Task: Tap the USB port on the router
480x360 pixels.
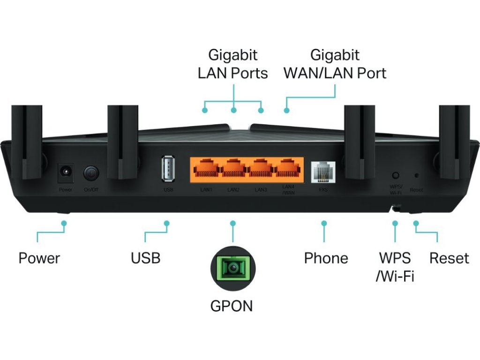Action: point(168,169)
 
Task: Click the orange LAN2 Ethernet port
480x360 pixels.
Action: point(233,169)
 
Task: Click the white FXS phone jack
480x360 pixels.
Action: point(323,171)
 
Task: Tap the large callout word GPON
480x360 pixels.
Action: point(232,306)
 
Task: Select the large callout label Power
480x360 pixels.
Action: point(39,258)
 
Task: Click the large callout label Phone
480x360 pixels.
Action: point(326,258)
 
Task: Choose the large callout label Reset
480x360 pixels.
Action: point(449,258)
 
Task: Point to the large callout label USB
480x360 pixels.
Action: point(145,258)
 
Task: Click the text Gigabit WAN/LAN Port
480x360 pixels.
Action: point(335,64)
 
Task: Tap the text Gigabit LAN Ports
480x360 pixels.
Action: point(233,64)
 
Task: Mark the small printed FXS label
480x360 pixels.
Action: point(323,190)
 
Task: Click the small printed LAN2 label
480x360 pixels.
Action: point(233,190)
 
